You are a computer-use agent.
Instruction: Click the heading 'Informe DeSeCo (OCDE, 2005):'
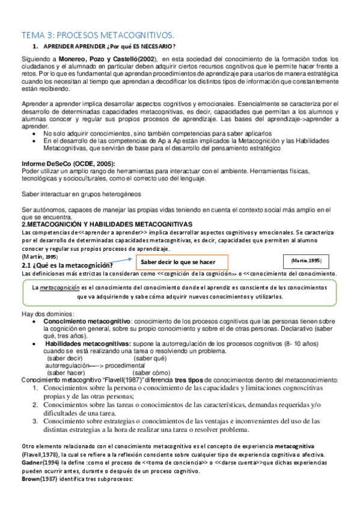[68, 164]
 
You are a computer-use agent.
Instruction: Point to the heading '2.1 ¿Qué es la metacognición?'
[68, 248]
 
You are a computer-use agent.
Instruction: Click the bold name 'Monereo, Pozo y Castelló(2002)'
[108, 58]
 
